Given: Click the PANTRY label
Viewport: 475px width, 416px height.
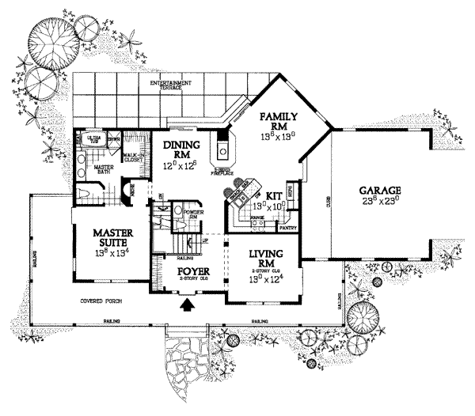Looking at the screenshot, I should [x=289, y=227].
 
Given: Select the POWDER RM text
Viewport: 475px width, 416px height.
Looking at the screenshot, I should [x=194, y=216].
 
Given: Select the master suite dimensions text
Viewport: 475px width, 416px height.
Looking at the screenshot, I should [x=112, y=253].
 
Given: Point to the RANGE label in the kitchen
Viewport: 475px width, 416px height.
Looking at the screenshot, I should [x=257, y=215].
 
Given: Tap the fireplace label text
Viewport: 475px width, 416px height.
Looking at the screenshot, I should [x=223, y=171].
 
